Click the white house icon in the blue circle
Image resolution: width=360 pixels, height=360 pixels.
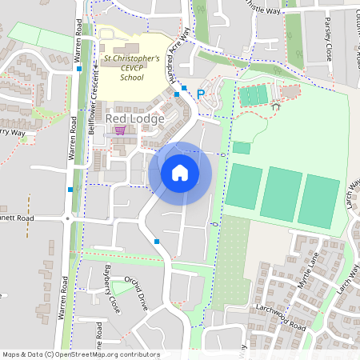[180, 173]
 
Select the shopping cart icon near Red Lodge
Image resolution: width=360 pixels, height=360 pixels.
[120, 130]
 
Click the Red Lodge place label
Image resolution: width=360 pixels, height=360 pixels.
[134, 118]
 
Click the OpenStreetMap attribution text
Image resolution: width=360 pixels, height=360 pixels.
[81, 354]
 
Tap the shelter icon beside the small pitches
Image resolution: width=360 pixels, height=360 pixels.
[277, 104]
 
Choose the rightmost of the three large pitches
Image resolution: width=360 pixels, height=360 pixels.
[318, 200]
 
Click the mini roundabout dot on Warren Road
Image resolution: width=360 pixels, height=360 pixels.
[68, 218]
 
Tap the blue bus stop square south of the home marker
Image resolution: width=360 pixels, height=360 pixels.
[157, 241]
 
